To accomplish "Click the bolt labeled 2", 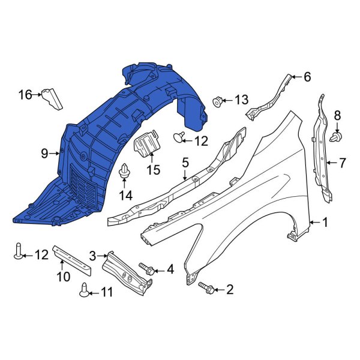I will coord(205,288).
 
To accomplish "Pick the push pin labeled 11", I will coord(86,290).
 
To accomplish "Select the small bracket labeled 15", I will coord(146,146).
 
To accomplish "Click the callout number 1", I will coord(325,223).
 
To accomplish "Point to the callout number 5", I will coord(185,162).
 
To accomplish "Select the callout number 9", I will coord(44,154).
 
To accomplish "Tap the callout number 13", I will coord(241,99).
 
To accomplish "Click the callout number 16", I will coord(25,94).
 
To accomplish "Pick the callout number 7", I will coord(342,162).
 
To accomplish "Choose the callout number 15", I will coord(153,170).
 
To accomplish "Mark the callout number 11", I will coord(106,293).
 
